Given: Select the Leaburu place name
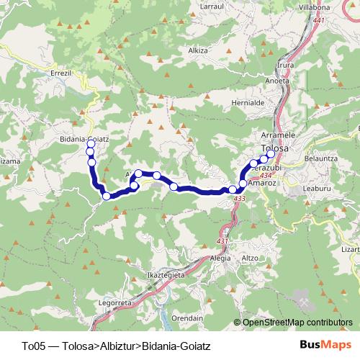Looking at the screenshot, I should pos(317,188).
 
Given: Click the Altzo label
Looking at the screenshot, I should pos(250,257).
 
